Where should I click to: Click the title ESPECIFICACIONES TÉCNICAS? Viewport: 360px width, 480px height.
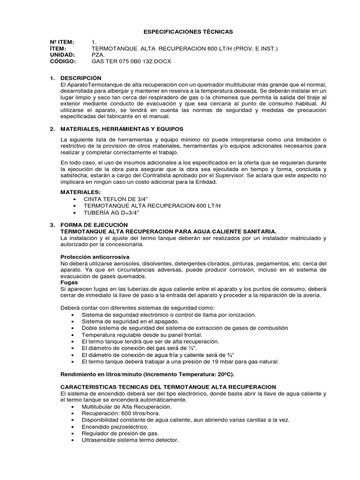coord(180,31)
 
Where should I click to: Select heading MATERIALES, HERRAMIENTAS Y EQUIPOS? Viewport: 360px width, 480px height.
coord(122,128)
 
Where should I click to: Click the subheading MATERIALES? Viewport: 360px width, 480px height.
coord(81,192)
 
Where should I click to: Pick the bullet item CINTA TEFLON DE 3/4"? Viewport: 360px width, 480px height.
coord(115,199)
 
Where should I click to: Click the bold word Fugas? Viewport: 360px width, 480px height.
coord(70,283)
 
